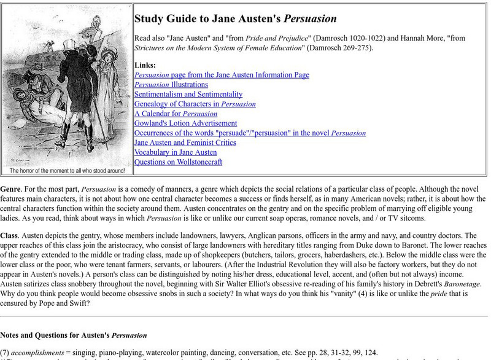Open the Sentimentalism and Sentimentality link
(188, 94)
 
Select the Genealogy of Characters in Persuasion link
(195, 104)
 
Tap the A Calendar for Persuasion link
(176, 114)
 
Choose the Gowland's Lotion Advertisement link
(186, 123)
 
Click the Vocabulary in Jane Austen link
(176, 152)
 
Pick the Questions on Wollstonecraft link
(179, 162)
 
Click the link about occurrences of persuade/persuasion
(250, 133)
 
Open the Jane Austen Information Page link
(222, 74)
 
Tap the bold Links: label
(145, 65)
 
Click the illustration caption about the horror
(67, 171)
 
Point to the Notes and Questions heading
(74, 335)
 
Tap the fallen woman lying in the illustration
(28, 114)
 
